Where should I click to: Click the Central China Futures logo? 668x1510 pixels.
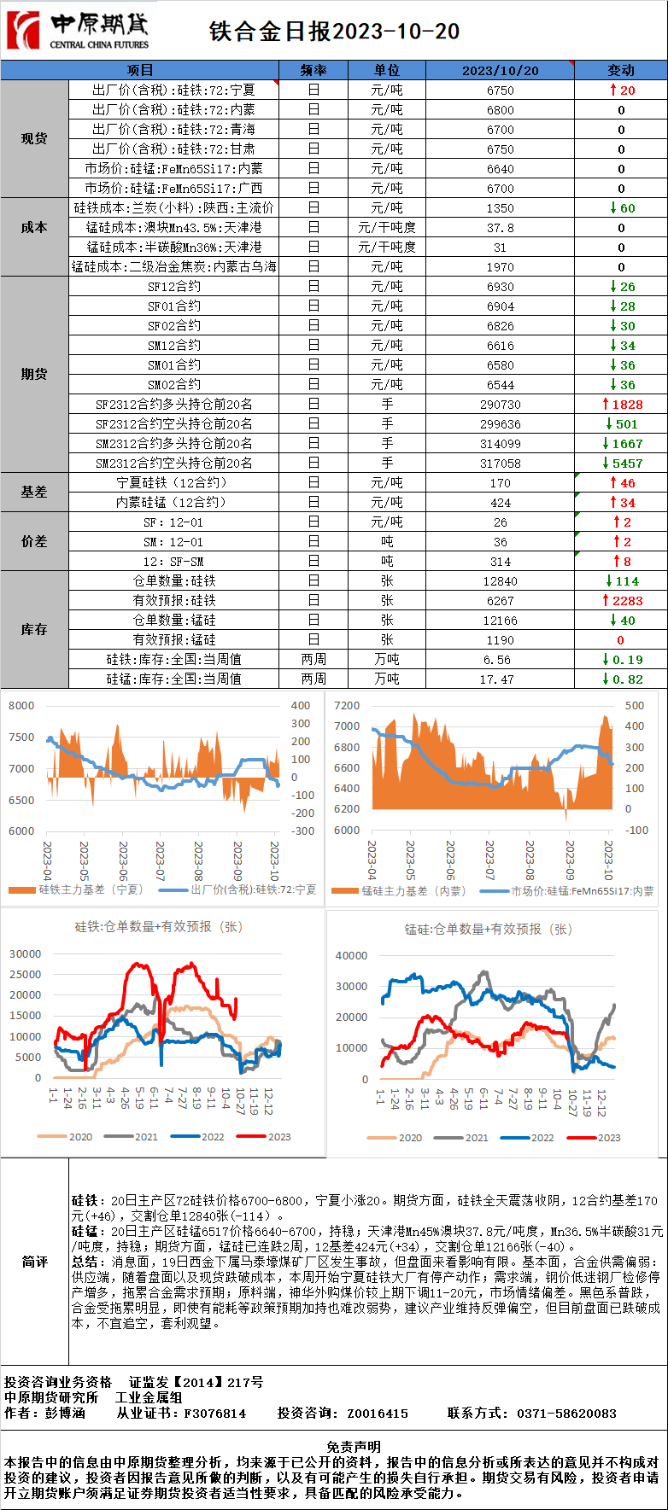[x=78, y=31]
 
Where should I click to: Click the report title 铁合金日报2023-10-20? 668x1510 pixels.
[x=334, y=32]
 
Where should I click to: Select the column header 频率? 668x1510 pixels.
[x=313, y=70]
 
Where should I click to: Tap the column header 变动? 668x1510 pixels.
[x=621, y=70]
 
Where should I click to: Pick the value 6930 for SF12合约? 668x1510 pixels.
[x=500, y=287]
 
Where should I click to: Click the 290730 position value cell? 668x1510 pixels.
[x=500, y=405]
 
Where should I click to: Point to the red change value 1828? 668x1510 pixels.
[x=626, y=405]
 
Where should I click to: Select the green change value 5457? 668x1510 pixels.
[x=626, y=463]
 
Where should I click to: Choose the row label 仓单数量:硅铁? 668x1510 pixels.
[x=174, y=581]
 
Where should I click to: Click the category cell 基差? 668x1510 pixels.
[x=34, y=493]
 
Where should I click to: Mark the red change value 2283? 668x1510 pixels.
[x=626, y=601]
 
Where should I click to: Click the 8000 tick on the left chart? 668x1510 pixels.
[x=21, y=706]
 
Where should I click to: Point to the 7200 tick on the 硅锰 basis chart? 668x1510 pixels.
[x=347, y=706]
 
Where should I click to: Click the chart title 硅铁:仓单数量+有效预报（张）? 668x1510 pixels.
[x=158, y=926]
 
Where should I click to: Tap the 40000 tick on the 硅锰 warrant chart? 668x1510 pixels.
[x=351, y=956]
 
